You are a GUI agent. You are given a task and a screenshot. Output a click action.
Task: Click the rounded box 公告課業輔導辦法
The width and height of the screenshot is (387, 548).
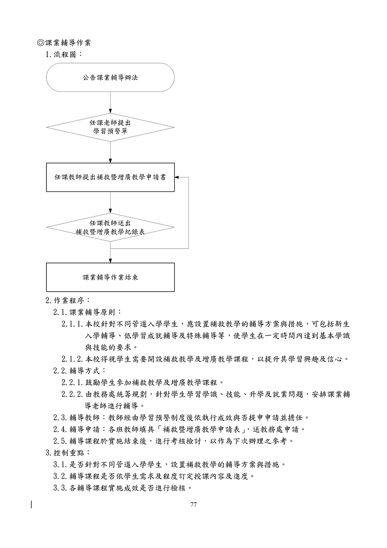tap(110, 77)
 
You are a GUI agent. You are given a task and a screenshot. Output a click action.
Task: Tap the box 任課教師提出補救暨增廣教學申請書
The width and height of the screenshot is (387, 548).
tap(110, 177)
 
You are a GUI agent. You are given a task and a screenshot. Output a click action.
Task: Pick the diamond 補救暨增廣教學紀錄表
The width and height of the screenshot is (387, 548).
tap(110, 227)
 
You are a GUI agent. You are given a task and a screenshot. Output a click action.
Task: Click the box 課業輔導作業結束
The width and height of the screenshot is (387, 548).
tap(110, 277)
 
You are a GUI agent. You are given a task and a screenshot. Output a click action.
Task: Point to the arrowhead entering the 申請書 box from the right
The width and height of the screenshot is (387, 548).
tap(177, 177)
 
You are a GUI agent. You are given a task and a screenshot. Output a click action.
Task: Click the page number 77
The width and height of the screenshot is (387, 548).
tap(194, 505)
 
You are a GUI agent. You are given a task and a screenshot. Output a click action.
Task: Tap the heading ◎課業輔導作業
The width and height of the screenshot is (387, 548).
tap(64, 43)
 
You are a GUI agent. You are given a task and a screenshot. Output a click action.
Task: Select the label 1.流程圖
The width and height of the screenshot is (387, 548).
tap(64, 54)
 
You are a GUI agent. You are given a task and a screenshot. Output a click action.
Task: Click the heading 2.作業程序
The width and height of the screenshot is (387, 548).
tap(68, 300)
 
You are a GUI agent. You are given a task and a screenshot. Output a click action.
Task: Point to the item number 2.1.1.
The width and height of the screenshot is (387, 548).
tap(72, 324)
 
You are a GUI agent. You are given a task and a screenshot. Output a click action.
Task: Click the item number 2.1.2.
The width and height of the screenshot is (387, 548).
tap(72, 359)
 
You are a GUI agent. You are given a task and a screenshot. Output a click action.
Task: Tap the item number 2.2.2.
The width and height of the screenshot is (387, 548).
tap(72, 394)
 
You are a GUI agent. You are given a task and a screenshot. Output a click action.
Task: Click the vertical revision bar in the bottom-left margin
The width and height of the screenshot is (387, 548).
tap(31, 505)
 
